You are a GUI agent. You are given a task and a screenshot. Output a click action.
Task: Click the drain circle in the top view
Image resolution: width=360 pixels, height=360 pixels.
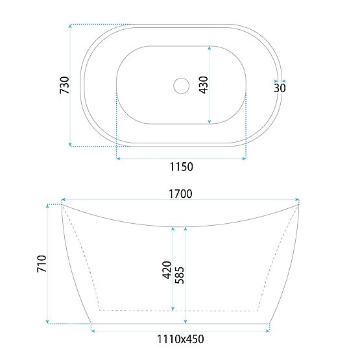pos(181,84)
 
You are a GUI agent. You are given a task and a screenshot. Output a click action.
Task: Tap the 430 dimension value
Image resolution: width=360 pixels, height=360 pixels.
pos(202,85)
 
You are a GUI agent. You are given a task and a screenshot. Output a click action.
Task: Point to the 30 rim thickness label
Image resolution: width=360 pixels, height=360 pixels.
pos(280,88)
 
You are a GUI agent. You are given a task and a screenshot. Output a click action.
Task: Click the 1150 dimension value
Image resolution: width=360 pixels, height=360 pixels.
pos(181,167)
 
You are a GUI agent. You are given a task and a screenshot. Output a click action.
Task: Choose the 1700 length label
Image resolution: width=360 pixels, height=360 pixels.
pos(181,193)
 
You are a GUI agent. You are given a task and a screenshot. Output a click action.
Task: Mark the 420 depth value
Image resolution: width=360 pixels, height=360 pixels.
pos(167,270)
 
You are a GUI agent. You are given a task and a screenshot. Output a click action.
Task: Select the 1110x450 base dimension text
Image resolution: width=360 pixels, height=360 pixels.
pos(181,338)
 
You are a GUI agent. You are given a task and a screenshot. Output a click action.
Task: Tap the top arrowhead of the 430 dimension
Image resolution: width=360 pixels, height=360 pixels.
pos(209,48)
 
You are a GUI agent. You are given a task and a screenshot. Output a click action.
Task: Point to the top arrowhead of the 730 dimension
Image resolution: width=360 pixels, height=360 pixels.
pos(70,27)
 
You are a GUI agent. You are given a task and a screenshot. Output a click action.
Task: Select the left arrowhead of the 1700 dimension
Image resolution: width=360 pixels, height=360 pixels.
pos(64,200)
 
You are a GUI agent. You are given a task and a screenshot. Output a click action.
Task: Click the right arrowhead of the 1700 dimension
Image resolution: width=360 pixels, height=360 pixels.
pos(298,200)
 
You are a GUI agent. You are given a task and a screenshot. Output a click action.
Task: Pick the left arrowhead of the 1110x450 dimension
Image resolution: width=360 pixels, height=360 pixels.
pos(95,331)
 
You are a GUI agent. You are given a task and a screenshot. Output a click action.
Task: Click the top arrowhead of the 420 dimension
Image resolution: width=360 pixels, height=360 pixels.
pos(173,229)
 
